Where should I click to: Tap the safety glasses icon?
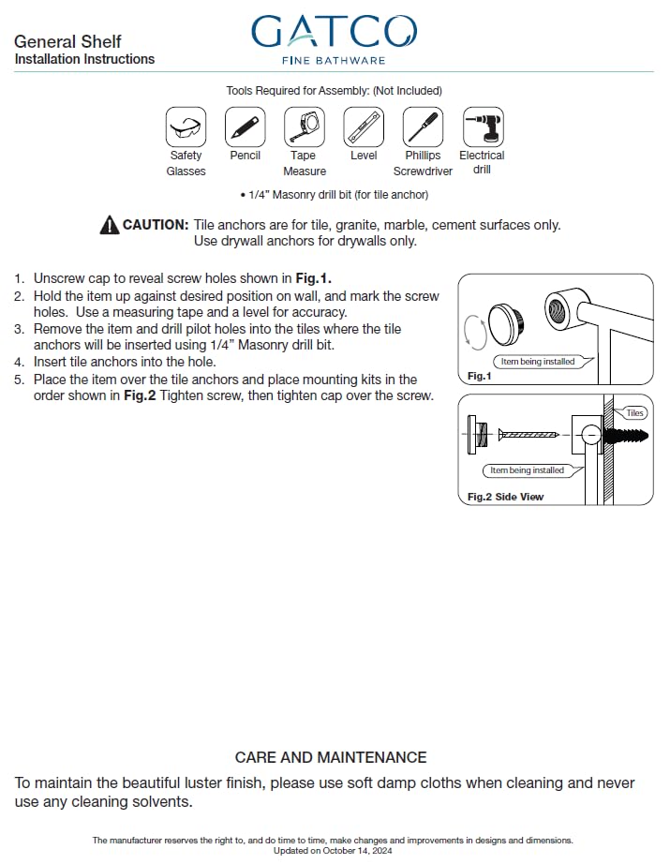186,126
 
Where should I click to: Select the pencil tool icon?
245,126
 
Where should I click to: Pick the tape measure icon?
305,126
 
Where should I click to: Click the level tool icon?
364,126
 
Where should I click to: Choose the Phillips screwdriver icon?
423,126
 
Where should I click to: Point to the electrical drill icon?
483,126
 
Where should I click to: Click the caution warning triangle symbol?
109,225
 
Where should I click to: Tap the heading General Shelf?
67,41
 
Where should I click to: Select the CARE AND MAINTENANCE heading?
331,757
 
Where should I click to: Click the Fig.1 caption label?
479,375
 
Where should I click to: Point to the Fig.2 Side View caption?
505,496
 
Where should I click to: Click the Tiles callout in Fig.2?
634,413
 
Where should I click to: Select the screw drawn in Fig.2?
529,435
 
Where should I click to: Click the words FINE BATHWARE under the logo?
334,61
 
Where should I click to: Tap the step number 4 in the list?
19,362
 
